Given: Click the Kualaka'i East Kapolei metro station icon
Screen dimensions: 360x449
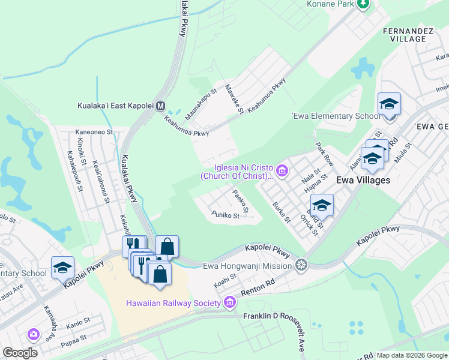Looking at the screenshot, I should click(x=160, y=106).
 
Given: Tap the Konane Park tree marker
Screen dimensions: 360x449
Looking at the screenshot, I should click(x=362, y=4).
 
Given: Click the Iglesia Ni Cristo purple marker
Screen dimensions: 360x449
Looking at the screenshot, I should click(x=283, y=172).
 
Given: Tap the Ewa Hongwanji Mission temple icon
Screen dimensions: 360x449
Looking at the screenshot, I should click(x=301, y=265).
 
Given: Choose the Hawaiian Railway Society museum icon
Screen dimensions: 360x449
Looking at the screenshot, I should click(x=229, y=303).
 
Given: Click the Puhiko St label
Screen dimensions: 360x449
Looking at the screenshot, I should click(x=225, y=214).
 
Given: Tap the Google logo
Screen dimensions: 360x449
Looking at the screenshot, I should click(x=20, y=353).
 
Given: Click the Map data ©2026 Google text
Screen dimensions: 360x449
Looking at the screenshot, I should click(x=412, y=355).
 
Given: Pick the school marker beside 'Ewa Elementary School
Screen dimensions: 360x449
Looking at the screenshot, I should click(x=389, y=104).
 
